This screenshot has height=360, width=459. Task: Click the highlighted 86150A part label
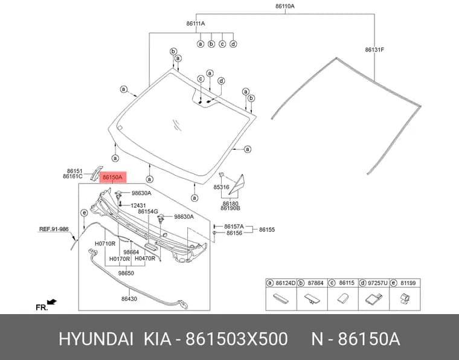[113, 177]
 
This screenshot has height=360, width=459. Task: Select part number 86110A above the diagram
[285, 6]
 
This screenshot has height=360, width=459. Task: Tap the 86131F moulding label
[374, 50]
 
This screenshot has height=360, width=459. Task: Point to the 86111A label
[196, 24]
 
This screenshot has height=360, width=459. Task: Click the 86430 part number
[129, 299]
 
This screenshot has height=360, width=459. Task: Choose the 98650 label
[126, 273]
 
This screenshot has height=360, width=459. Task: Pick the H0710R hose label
[105, 243]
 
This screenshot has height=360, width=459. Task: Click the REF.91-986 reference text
[54, 229]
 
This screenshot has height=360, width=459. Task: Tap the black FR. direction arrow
[52, 302]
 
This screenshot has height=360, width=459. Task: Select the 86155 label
[267, 230]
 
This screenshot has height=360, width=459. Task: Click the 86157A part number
[234, 227]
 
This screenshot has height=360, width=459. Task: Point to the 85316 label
[221, 187]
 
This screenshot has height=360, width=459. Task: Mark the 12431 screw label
[138, 205]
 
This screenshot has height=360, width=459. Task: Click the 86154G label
[148, 211]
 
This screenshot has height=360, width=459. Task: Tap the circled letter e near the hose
[84, 213]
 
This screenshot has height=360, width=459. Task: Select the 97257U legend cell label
[377, 283]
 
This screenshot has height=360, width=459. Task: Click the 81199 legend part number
[408, 283]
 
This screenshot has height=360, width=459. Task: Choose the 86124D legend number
[286, 283]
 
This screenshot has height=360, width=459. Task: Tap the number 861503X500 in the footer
[237, 339]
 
